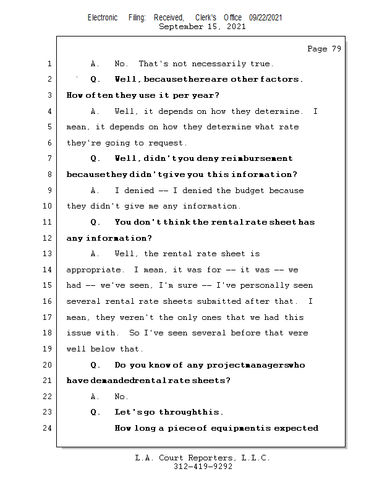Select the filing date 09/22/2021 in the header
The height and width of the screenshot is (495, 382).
(266, 18)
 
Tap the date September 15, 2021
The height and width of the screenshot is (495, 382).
(202, 27)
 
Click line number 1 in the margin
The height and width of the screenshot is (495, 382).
(49, 64)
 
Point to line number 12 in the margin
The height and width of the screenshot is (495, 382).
(47, 238)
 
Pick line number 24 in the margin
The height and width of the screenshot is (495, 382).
(47, 428)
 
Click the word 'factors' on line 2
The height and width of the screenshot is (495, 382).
(281, 79)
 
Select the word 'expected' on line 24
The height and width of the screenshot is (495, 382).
(296, 428)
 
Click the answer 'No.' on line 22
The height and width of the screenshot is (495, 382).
(121, 397)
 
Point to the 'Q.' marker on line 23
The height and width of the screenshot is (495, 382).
(95, 412)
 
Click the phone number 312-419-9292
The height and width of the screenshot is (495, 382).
(202, 467)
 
